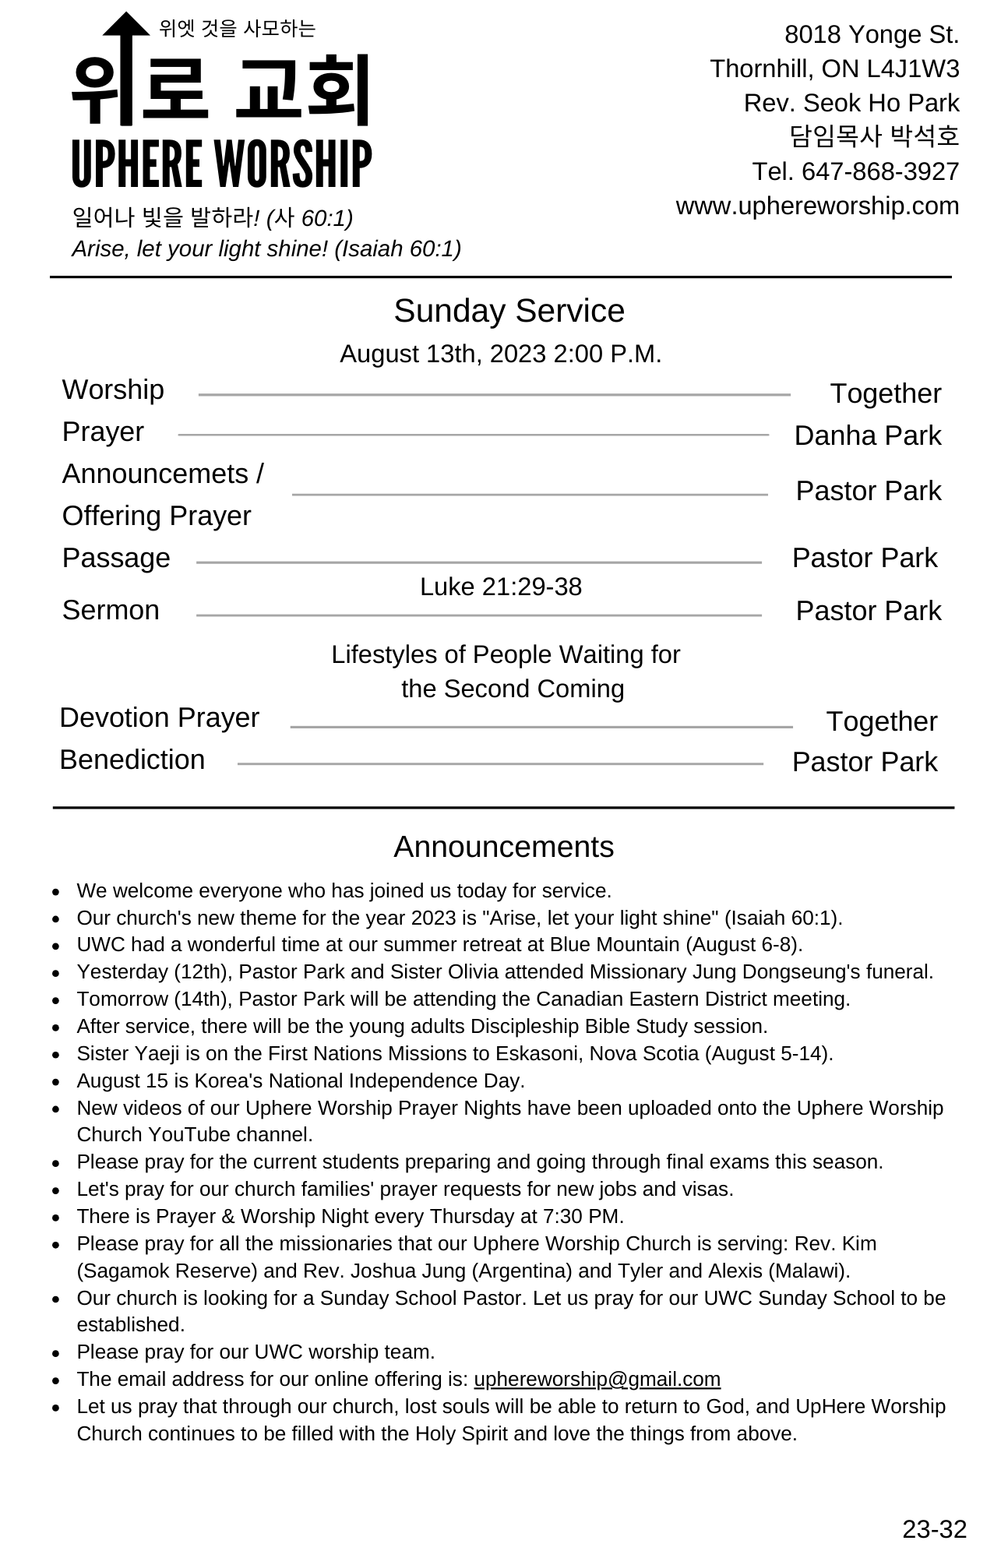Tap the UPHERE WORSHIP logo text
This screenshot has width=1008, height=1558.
pyautogui.click(x=221, y=164)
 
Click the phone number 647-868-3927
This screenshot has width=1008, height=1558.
pyautogui.click(x=879, y=171)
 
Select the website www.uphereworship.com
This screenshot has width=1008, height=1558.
pyautogui.click(x=817, y=206)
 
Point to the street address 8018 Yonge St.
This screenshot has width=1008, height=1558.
pyautogui.click(x=871, y=34)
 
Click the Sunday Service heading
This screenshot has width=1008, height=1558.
pyautogui.click(x=509, y=311)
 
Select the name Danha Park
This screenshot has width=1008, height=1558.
pyautogui.click(x=867, y=435)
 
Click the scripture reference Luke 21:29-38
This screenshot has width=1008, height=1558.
pyautogui.click(x=500, y=587)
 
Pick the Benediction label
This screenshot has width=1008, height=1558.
pyautogui.click(x=132, y=760)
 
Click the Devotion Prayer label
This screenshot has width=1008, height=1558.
pyautogui.click(x=159, y=717)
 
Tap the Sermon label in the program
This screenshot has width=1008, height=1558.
pyautogui.click(x=111, y=610)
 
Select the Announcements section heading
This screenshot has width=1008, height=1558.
pyautogui.click(x=503, y=847)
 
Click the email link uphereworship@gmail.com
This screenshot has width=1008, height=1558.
pyautogui.click(x=597, y=1379)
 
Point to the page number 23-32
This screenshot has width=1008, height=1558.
pyautogui.click(x=934, y=1529)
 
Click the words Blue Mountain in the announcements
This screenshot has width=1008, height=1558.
pyautogui.click(x=614, y=945)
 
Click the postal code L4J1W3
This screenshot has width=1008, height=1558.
pyautogui.click(x=912, y=69)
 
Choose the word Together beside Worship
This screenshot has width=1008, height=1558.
pyautogui.click(x=885, y=393)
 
